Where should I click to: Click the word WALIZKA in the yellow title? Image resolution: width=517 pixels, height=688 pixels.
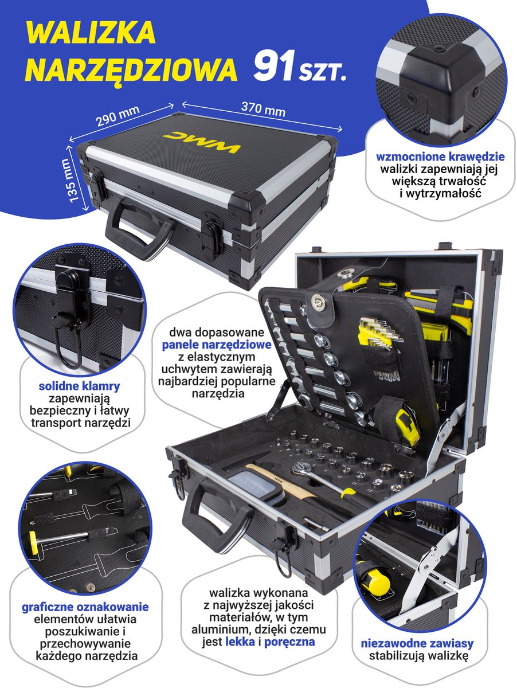click(91, 33)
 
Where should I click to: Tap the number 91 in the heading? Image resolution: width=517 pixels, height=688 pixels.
click(274, 65)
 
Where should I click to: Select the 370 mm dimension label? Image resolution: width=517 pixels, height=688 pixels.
click(263, 110)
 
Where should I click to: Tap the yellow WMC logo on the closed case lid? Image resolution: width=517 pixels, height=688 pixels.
click(202, 142)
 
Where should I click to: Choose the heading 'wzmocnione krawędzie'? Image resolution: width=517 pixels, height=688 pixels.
click(440, 157)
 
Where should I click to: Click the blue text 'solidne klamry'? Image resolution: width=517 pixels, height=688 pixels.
click(79, 386)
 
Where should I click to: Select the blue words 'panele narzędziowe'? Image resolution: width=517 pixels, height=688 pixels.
click(217, 345)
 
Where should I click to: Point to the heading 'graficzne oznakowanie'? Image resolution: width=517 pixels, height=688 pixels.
click(85, 607)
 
